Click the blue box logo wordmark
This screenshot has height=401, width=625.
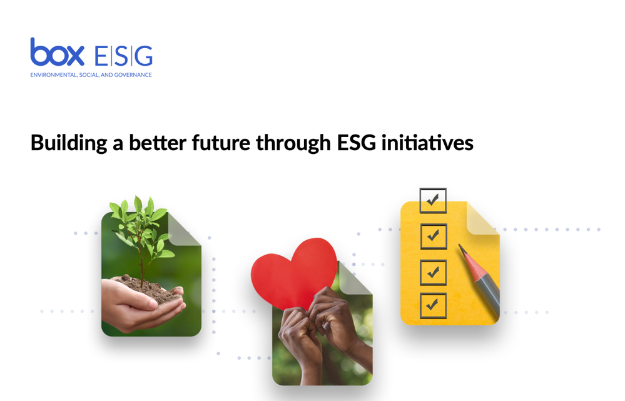pyautogui.click(x=57, y=52)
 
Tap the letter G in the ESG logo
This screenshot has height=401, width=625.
pyautogui.click(x=144, y=56)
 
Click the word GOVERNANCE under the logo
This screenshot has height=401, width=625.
pyautogui.click(x=133, y=75)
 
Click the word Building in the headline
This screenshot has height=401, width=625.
pyautogui.click(x=69, y=143)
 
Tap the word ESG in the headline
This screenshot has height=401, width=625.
pyautogui.click(x=357, y=143)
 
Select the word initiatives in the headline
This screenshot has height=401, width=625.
pyautogui.click(x=427, y=143)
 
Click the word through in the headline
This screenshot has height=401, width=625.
pyautogui.click(x=293, y=143)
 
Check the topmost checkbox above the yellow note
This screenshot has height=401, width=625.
pyautogui.click(x=433, y=200)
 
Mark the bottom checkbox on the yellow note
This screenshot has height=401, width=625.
pyautogui.click(x=433, y=306)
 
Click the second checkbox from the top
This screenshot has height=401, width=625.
pyautogui.click(x=434, y=236)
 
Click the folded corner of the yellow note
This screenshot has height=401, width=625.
pyautogui.click(x=482, y=219)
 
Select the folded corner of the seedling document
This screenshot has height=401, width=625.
pyautogui.click(x=183, y=229)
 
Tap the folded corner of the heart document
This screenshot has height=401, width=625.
pyautogui.click(x=354, y=279)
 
